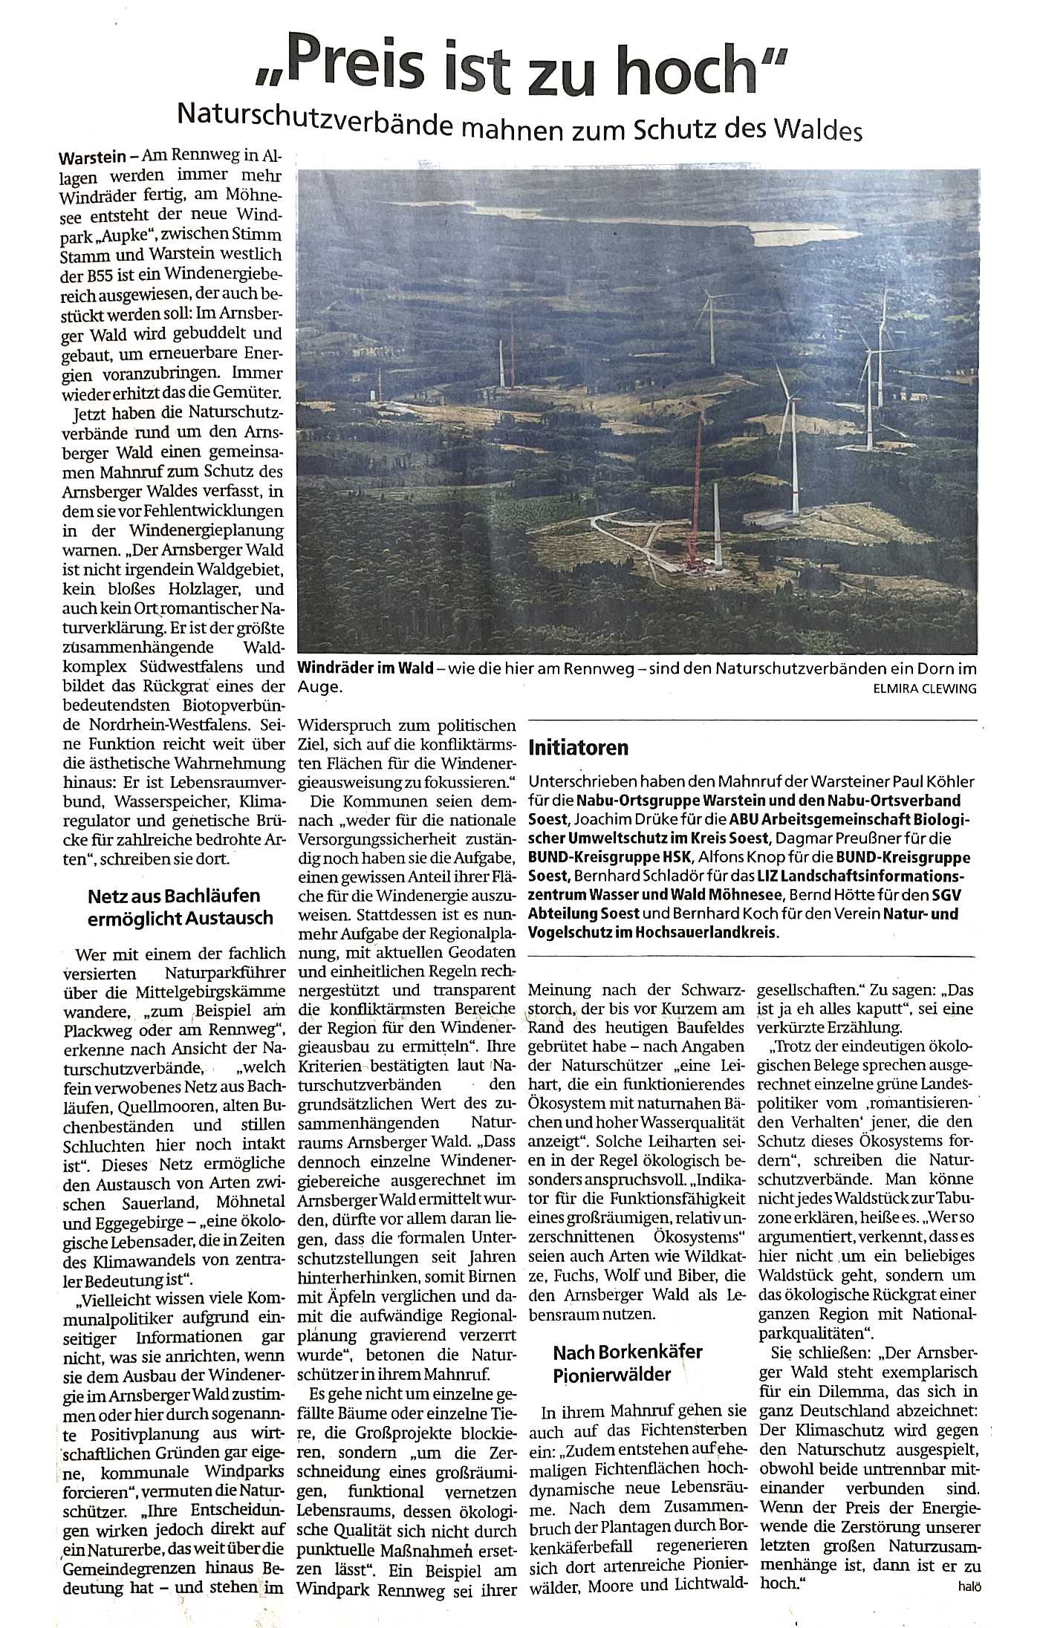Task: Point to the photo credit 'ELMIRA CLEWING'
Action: (924, 688)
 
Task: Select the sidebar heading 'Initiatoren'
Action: (578, 748)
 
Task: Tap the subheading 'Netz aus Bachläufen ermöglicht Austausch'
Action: (181, 907)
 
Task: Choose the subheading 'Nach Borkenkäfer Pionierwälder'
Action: (627, 1363)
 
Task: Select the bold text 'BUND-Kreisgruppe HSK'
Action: (602, 857)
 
